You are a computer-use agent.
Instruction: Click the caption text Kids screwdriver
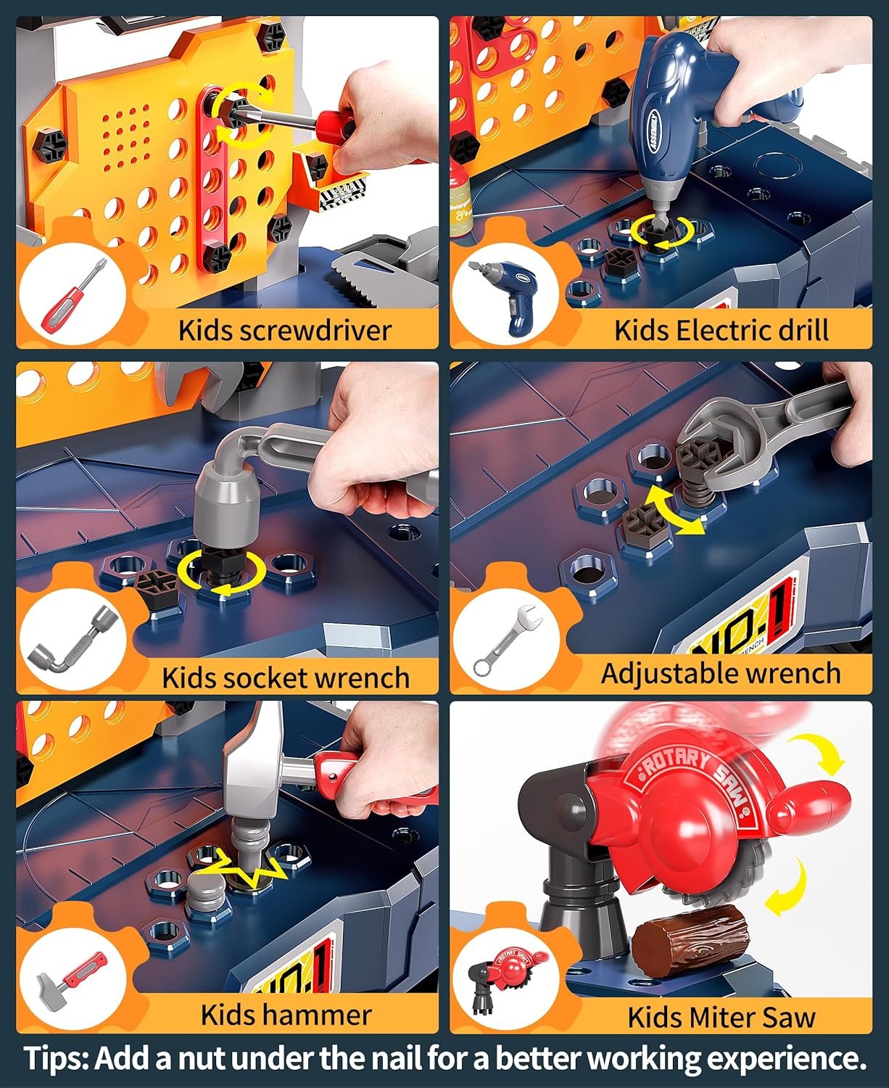tap(284, 330)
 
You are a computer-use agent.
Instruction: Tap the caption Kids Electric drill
tap(721, 330)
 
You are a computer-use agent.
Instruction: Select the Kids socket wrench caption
tap(286, 677)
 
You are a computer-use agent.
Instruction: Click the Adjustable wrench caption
tap(721, 673)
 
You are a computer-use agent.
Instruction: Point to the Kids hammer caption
tap(286, 1014)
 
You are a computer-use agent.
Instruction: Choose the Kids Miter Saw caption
tap(721, 1017)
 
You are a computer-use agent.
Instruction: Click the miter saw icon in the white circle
tap(503, 980)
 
